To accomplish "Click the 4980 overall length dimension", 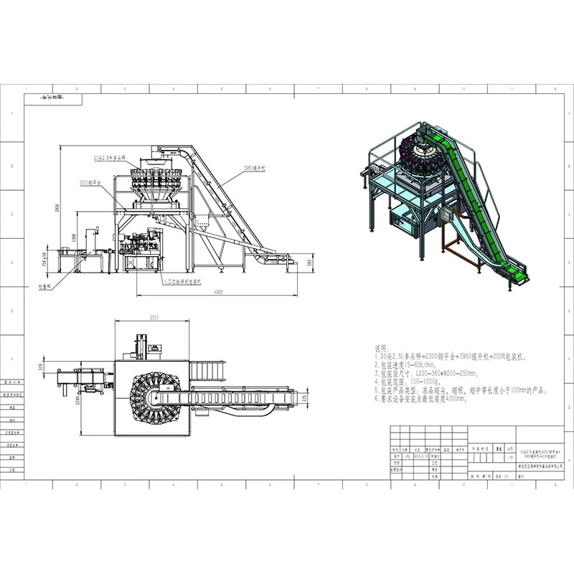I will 217,292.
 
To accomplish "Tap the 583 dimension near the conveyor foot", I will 311,263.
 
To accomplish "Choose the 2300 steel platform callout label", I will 90,184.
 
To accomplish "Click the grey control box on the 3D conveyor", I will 446,213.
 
